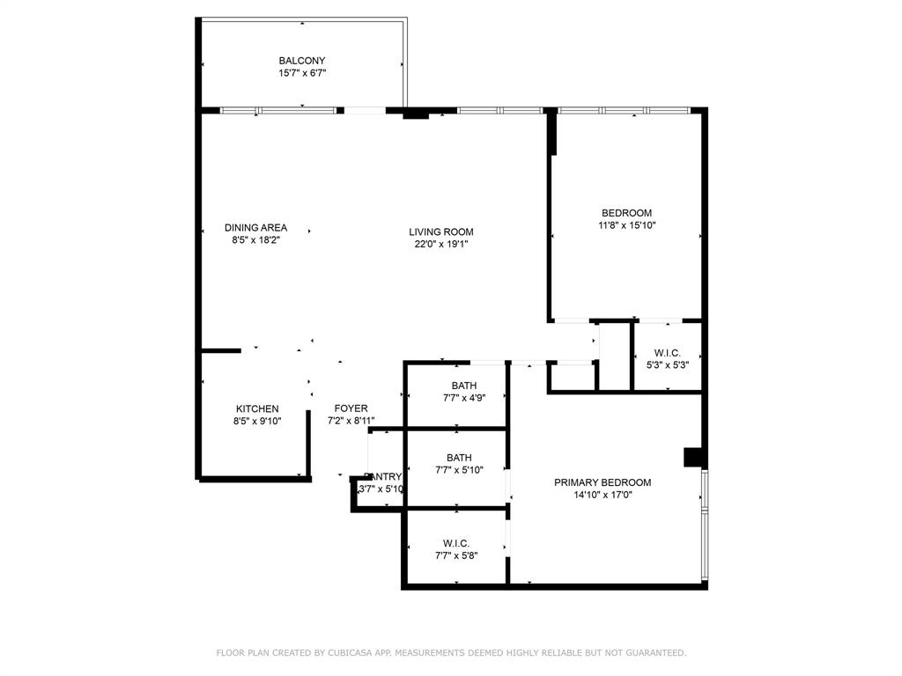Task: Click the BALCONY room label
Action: pos(302,61)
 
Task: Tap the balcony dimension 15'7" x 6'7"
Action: pos(302,73)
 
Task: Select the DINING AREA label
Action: pos(255,227)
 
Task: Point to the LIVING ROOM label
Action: pos(441,232)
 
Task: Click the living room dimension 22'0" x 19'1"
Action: pos(441,245)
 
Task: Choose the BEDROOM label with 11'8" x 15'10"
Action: pos(626,213)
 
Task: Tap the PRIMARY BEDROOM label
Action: pos(603,482)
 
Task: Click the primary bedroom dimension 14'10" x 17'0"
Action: pos(603,495)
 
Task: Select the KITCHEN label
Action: pos(257,408)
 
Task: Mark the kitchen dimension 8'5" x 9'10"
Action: pos(257,421)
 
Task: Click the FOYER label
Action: pos(351,408)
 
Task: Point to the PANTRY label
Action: pos(382,476)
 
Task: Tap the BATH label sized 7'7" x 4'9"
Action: pos(464,386)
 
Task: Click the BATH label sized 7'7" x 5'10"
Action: pos(459,458)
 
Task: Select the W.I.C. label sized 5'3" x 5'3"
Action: pos(667,352)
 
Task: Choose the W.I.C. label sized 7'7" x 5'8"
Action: pos(455,543)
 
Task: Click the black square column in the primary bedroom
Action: pos(694,457)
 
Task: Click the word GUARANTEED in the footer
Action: pos(654,652)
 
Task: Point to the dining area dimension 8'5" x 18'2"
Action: pos(255,239)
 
